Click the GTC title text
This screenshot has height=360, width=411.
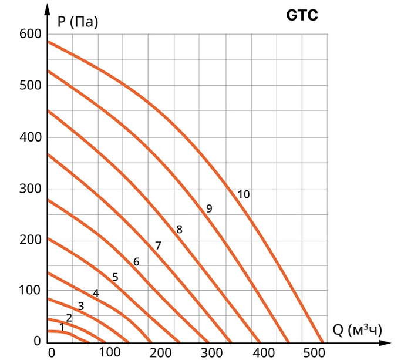point(302,16)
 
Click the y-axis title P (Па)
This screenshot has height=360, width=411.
point(78,23)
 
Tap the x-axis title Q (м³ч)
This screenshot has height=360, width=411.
point(357,330)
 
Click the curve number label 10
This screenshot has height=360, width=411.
point(244,194)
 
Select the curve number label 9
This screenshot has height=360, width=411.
point(209,208)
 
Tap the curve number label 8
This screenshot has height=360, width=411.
point(179,230)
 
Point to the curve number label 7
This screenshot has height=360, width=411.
point(158,245)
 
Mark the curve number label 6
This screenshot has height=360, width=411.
point(136,262)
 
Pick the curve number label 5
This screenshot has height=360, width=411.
point(115,277)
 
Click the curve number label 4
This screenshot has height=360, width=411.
point(96,293)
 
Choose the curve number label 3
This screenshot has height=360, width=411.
point(81,306)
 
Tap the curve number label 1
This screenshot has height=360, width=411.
point(62,326)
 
